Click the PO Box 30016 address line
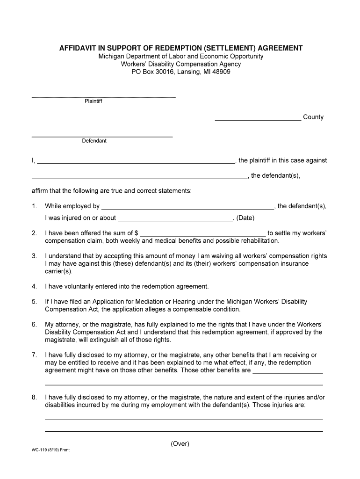click(180, 72)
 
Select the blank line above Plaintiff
click(103, 96)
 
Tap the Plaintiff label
click(93, 101)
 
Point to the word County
click(313, 117)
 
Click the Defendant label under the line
click(94, 141)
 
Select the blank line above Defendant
click(102, 136)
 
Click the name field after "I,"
click(136, 162)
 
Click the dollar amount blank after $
click(203, 235)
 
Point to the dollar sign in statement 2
click(136, 233)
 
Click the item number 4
click(34, 286)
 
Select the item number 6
click(34, 325)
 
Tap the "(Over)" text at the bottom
click(180, 444)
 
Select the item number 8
click(34, 398)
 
